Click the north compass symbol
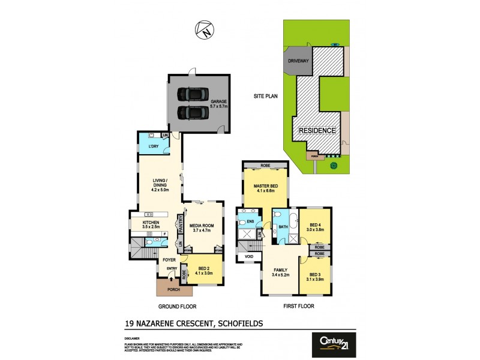[x=204, y=29]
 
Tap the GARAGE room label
[x=218, y=102]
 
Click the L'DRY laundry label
[x=148, y=146]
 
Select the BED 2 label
[x=204, y=269]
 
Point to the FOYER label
[x=169, y=260]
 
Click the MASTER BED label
[x=264, y=185]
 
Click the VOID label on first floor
[x=248, y=257]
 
